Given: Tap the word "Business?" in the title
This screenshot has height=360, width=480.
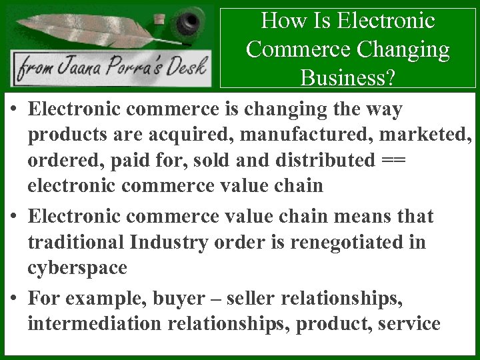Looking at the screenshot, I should pos(347,78).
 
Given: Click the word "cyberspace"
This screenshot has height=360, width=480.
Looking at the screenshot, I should pos(77,268).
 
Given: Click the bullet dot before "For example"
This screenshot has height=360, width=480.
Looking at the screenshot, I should pos(13,299).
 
